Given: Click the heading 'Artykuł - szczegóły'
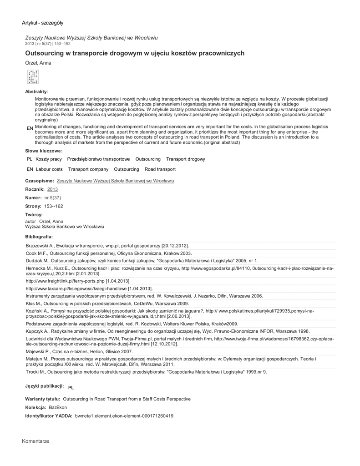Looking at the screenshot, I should (42, 23).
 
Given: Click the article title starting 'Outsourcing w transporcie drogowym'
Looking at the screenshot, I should (135, 53).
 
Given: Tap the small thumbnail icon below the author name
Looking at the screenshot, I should (33, 78).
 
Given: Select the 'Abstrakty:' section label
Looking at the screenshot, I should (36, 92).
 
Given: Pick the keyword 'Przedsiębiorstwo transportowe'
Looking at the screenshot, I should (98, 159).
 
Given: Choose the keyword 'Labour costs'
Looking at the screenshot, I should (49, 169).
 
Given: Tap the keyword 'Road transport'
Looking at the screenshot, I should (160, 169).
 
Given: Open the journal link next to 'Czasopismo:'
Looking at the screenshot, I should (115, 181).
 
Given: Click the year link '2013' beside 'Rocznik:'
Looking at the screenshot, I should (52, 189).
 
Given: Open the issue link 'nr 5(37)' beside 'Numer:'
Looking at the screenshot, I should (52, 198).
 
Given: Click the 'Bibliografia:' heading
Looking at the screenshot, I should (39, 237).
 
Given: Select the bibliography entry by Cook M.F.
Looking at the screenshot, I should (109, 253).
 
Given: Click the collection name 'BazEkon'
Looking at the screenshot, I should (58, 407).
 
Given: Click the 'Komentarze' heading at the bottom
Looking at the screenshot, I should (35, 441).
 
